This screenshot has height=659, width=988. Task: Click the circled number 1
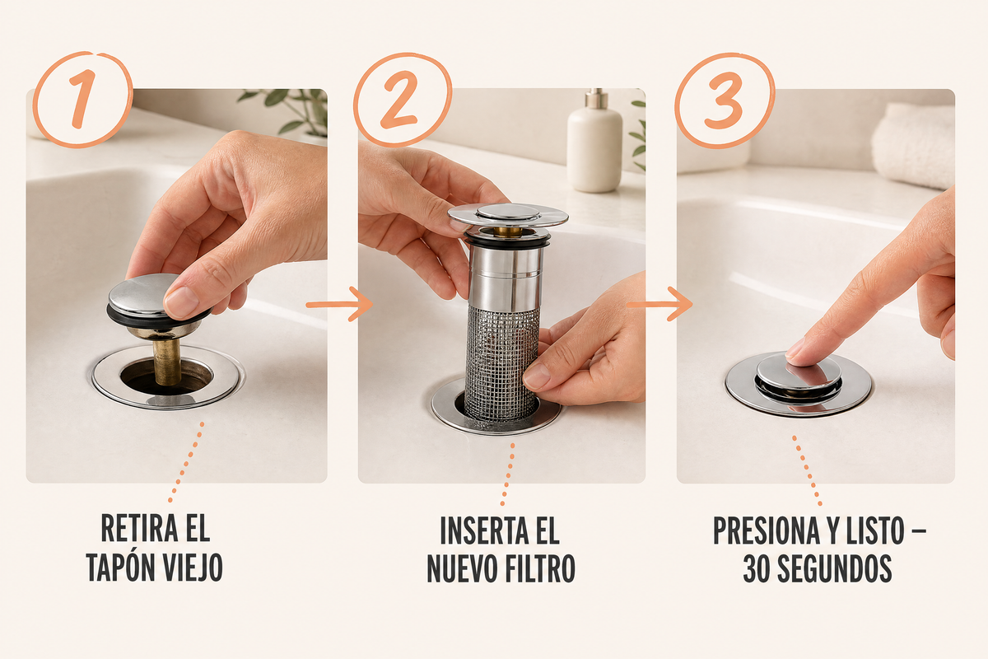pyautogui.click(x=82, y=100)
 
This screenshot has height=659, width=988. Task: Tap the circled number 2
pyautogui.click(x=402, y=100)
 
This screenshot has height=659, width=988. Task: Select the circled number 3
pyautogui.click(x=725, y=100)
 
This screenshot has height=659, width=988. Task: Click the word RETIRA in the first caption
pyautogui.click(x=139, y=528)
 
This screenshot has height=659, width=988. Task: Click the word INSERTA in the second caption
pyautogui.click(x=484, y=530)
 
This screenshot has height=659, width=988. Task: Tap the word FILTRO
pyautogui.click(x=540, y=568)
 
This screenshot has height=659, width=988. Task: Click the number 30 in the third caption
pyautogui.click(x=757, y=568)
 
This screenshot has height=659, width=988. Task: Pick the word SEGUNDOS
pyautogui.click(x=835, y=568)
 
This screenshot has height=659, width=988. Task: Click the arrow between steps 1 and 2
pyautogui.click(x=339, y=304)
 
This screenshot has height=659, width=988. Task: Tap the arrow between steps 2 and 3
pyautogui.click(x=659, y=304)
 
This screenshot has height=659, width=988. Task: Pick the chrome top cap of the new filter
pyautogui.click(x=508, y=214)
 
